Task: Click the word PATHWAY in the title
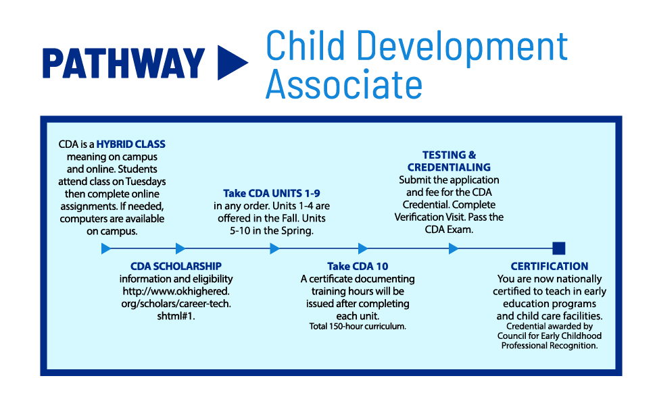124,63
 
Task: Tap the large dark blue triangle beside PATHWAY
231,63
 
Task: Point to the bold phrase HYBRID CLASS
130,144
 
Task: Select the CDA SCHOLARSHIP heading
176,266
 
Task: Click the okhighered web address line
176,291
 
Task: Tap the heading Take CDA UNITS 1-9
272,192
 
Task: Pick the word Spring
298,230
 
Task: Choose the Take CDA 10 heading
358,266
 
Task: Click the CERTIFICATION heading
550,266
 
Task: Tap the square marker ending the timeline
558,248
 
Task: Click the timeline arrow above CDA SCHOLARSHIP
180,248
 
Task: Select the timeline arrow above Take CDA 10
362,248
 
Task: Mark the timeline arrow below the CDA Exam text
453,248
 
